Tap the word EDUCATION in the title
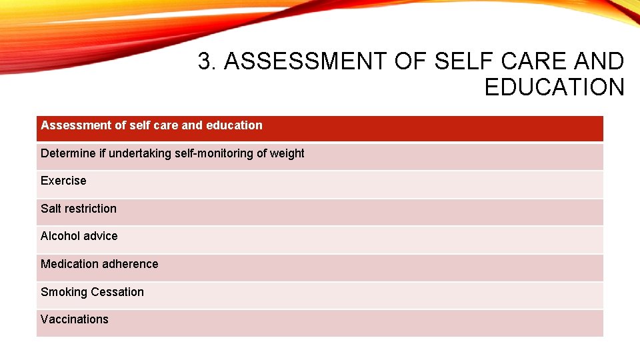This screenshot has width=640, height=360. tap(554, 87)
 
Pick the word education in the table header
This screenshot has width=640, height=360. tap(235, 125)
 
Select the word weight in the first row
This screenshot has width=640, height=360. tap(287, 153)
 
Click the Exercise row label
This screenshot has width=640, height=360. tap(63, 181)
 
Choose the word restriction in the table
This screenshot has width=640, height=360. tap(91, 209)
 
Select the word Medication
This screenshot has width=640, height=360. tap(69, 264)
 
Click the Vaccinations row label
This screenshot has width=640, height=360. tap(74, 319)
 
